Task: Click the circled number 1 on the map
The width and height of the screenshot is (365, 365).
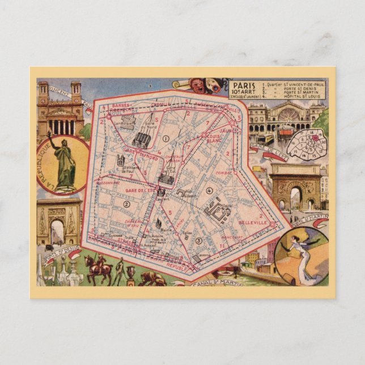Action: (165, 138)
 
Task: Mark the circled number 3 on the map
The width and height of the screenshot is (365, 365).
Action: (198, 241)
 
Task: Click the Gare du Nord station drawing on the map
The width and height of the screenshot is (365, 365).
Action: (143, 139)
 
